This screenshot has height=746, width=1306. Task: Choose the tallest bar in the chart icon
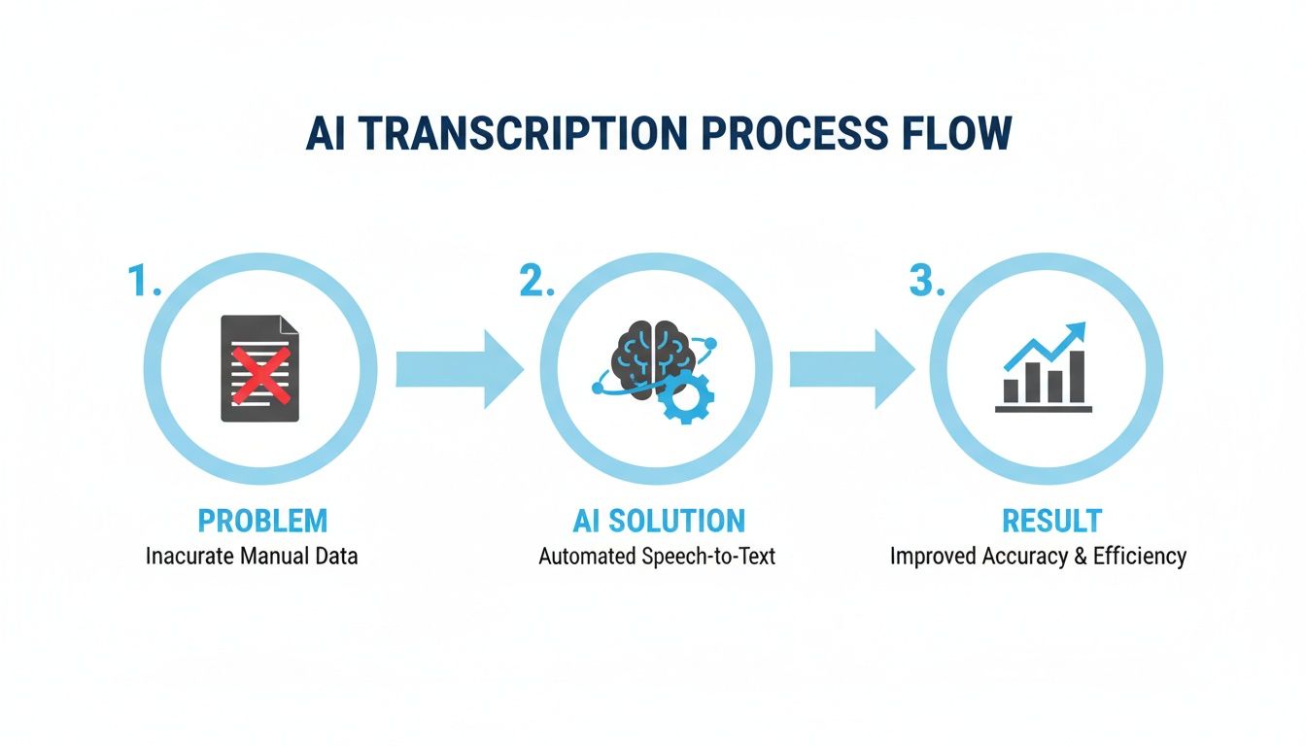tap(1076, 376)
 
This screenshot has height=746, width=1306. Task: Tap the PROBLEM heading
tap(262, 521)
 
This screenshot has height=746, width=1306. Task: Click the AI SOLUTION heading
tap(658, 521)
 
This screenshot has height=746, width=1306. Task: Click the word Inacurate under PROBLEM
tap(187, 557)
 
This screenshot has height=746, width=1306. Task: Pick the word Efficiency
tap(1139, 557)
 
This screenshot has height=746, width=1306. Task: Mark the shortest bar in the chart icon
tap(1011, 390)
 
